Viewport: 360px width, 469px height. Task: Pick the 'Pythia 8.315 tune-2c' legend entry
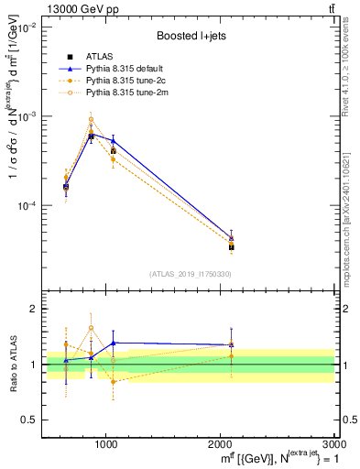tap(129, 81)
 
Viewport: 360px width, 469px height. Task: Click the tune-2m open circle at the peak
tap(91, 119)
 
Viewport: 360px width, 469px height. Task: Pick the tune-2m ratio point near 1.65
tap(91, 328)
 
